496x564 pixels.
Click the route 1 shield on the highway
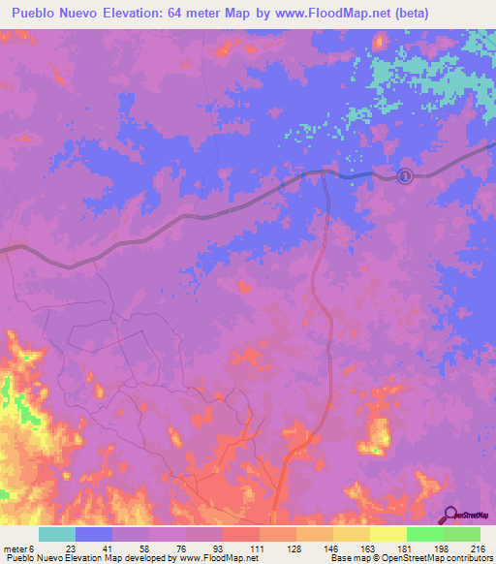click(x=405, y=175)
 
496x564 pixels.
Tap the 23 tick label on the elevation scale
click(x=72, y=548)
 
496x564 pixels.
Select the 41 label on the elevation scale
click(x=108, y=548)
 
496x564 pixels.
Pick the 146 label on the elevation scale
click(x=330, y=548)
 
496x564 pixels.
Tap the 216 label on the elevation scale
click(x=478, y=548)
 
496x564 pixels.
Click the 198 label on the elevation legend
click(x=441, y=548)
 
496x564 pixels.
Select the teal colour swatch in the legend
click(x=57, y=534)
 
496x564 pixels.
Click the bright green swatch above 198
click(x=424, y=534)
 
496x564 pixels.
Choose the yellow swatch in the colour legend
click(x=387, y=534)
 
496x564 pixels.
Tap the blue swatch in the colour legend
click(x=94, y=534)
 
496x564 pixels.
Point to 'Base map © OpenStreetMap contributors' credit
click(x=411, y=558)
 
